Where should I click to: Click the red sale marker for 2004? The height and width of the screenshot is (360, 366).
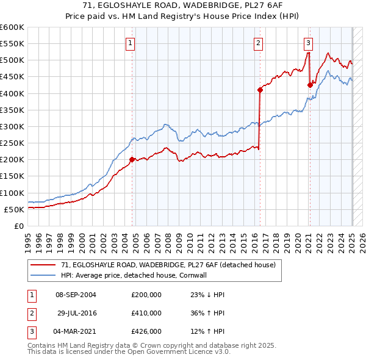[x=132, y=160]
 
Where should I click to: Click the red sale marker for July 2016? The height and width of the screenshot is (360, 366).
[x=260, y=90]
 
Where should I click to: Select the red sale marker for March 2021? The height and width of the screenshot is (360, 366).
[x=310, y=85]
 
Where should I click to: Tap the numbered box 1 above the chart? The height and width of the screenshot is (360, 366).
[x=131, y=43]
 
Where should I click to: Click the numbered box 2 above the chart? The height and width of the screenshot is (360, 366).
[x=259, y=43]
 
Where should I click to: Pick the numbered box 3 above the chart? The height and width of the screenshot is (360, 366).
[x=309, y=43]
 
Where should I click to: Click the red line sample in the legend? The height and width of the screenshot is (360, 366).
[x=43, y=265]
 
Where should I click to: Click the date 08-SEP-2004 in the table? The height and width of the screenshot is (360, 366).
[x=76, y=294]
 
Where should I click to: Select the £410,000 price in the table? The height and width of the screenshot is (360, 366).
[x=146, y=313]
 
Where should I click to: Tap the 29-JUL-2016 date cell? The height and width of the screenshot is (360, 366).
[x=77, y=313]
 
